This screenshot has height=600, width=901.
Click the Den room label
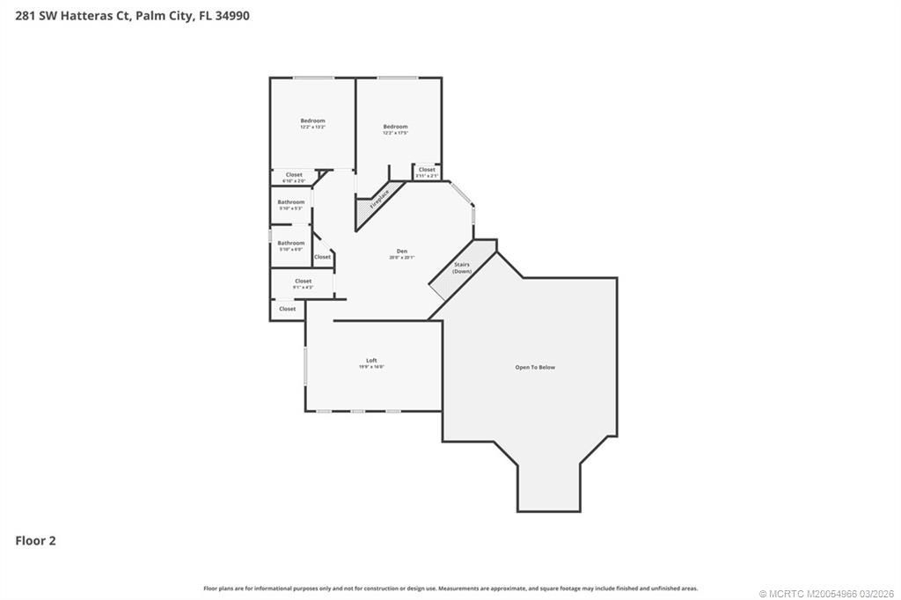coord(401,251)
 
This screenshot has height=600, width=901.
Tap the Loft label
coord(371,360)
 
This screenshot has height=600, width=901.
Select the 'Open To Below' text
coord(535,367)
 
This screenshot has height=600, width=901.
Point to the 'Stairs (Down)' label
coord(462,267)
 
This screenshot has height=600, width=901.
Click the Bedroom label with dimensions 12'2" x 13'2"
coord(312,121)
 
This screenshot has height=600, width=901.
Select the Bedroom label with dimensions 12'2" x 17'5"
coord(395,127)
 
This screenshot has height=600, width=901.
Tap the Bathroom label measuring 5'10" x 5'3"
coord(291,201)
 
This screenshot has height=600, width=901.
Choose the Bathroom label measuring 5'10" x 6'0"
coord(291,243)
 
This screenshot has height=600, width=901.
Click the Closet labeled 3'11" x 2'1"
coord(427,170)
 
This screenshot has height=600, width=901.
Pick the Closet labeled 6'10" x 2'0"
coord(294,174)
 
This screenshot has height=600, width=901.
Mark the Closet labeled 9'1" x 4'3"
coord(303,282)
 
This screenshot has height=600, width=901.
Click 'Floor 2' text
coord(35,541)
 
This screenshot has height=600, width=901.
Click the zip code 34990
coord(232,15)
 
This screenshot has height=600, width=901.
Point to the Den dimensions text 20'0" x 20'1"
coord(401,258)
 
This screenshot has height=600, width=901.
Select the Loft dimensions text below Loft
coord(371,367)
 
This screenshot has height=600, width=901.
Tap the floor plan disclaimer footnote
coord(450,588)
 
